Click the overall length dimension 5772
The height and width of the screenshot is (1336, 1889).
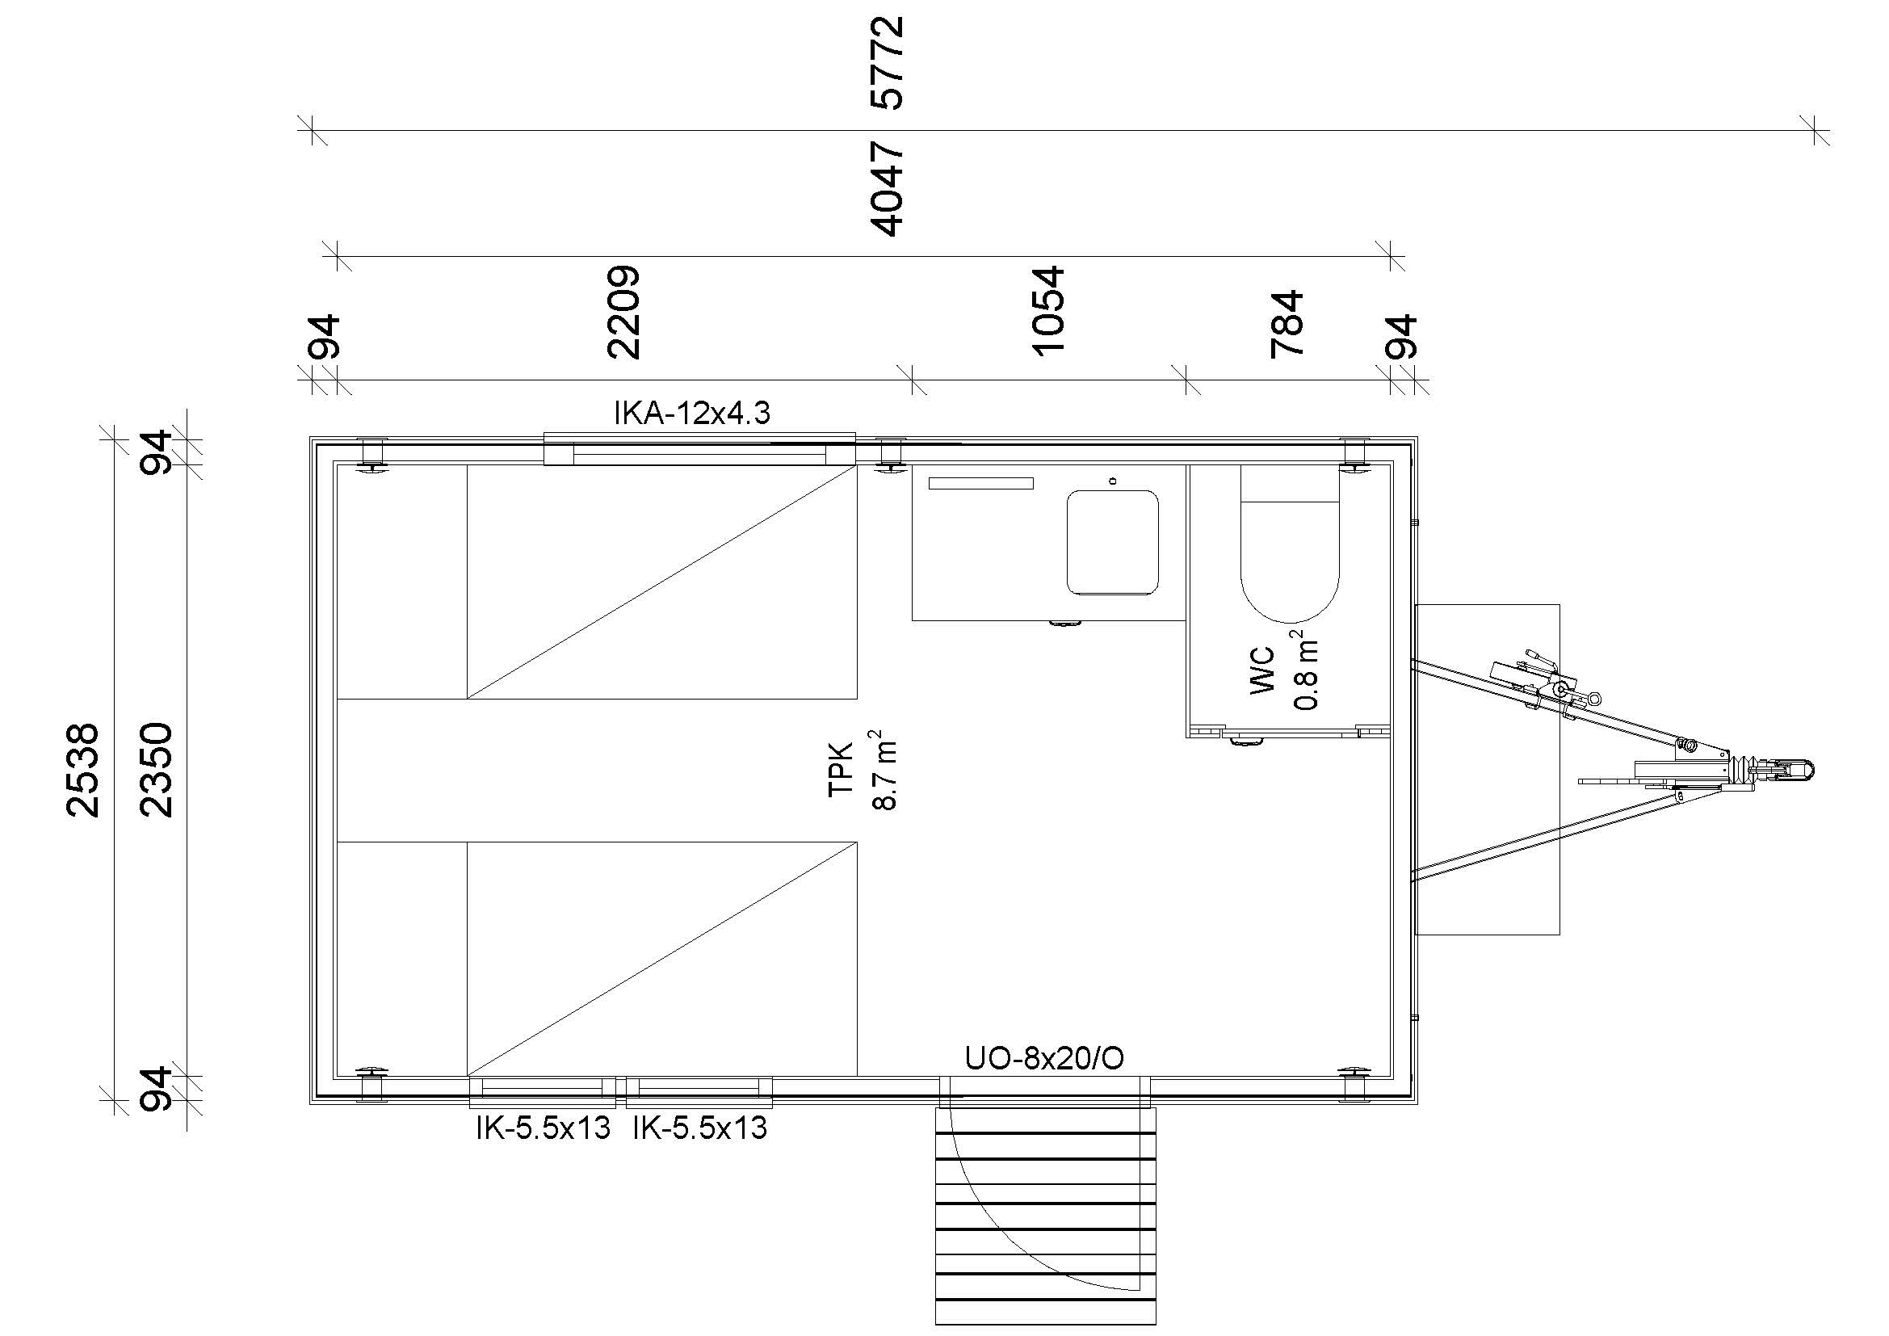[887, 62]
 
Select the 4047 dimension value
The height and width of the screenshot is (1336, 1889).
[887, 188]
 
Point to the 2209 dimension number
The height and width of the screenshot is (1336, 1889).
[623, 312]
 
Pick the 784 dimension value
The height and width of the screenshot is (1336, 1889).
[1287, 323]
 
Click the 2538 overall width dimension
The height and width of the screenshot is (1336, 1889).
[82, 770]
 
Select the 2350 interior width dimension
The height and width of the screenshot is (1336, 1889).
[157, 770]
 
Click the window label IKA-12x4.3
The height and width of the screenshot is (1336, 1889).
[692, 413]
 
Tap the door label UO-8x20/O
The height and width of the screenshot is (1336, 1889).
[1044, 1058]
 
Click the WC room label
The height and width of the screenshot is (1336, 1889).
[1262, 670]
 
